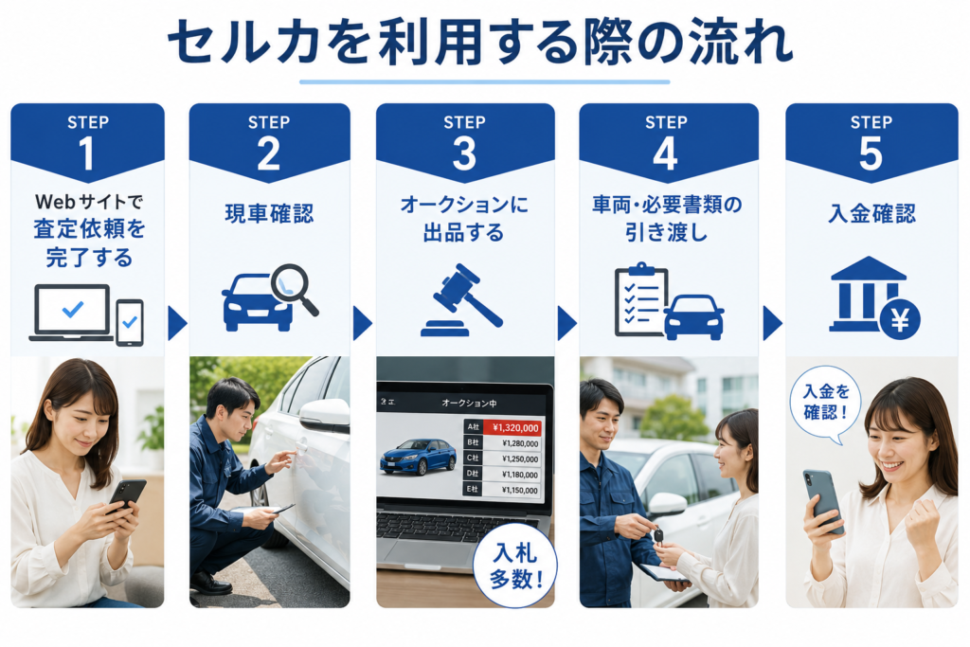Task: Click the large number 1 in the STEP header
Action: [86, 153]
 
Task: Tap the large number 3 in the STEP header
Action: [464, 153]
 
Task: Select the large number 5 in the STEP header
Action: [871, 153]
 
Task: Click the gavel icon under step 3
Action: [462, 300]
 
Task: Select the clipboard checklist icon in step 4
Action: [641, 299]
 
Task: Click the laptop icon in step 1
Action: [72, 313]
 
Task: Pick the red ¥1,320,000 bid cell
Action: [512, 427]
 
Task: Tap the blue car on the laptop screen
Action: [418, 457]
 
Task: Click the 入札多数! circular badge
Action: [514, 566]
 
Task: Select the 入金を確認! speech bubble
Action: [825, 404]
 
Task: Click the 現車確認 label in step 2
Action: [269, 213]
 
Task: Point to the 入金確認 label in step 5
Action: [871, 213]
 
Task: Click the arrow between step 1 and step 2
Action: [177, 323]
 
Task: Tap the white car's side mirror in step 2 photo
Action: [325, 415]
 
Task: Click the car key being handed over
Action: [658, 535]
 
